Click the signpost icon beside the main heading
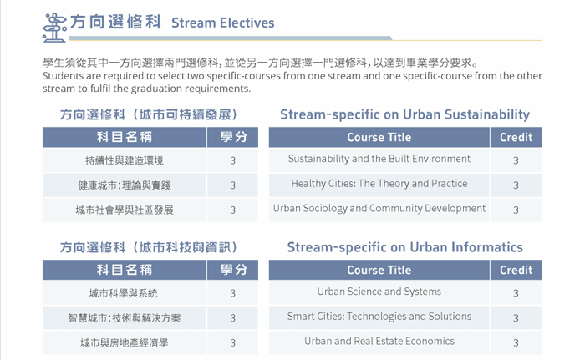click(x=54, y=27)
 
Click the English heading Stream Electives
click(x=223, y=23)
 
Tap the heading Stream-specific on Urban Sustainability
click(x=404, y=114)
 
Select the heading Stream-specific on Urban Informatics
click(x=404, y=247)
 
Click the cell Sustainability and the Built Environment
click(x=379, y=159)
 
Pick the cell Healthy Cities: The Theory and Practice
click(x=379, y=184)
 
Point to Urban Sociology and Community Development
click(x=379, y=208)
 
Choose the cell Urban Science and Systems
click(x=379, y=292)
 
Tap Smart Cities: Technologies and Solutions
click(x=379, y=317)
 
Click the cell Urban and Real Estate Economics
click(x=379, y=341)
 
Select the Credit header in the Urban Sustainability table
click(x=516, y=137)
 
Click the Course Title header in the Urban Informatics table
click(x=379, y=270)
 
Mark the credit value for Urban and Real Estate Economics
click(x=516, y=342)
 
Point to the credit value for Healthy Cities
click(x=516, y=185)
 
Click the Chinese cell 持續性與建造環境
click(x=125, y=160)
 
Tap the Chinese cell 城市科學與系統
click(x=123, y=293)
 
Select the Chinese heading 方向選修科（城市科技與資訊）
click(x=149, y=247)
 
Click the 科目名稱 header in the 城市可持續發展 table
click(x=125, y=137)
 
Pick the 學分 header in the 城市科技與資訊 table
click(x=233, y=270)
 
